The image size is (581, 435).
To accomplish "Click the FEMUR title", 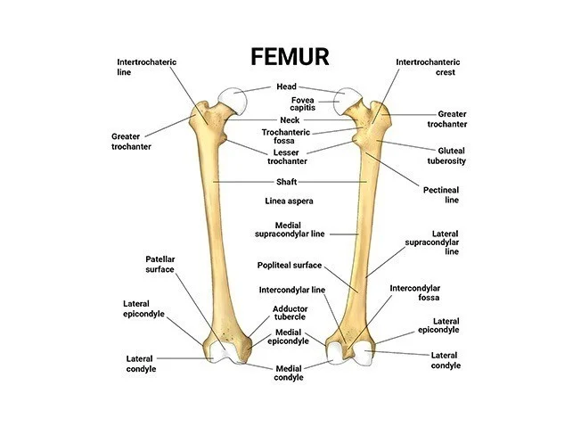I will (290, 56).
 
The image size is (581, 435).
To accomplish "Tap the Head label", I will (286, 86).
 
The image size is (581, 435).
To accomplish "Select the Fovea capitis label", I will (290, 104).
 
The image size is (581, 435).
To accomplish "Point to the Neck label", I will (290, 120).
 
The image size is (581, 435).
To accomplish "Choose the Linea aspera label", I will (290, 201).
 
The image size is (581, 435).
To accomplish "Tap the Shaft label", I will (286, 181).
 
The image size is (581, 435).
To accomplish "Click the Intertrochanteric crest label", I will (426, 67).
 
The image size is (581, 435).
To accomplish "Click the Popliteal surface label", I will (290, 265).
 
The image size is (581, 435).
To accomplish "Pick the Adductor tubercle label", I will (290, 313).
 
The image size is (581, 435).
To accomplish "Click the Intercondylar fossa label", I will (415, 293).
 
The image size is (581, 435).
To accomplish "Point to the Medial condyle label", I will (290, 373).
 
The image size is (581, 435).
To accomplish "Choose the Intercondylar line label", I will (292, 290).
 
